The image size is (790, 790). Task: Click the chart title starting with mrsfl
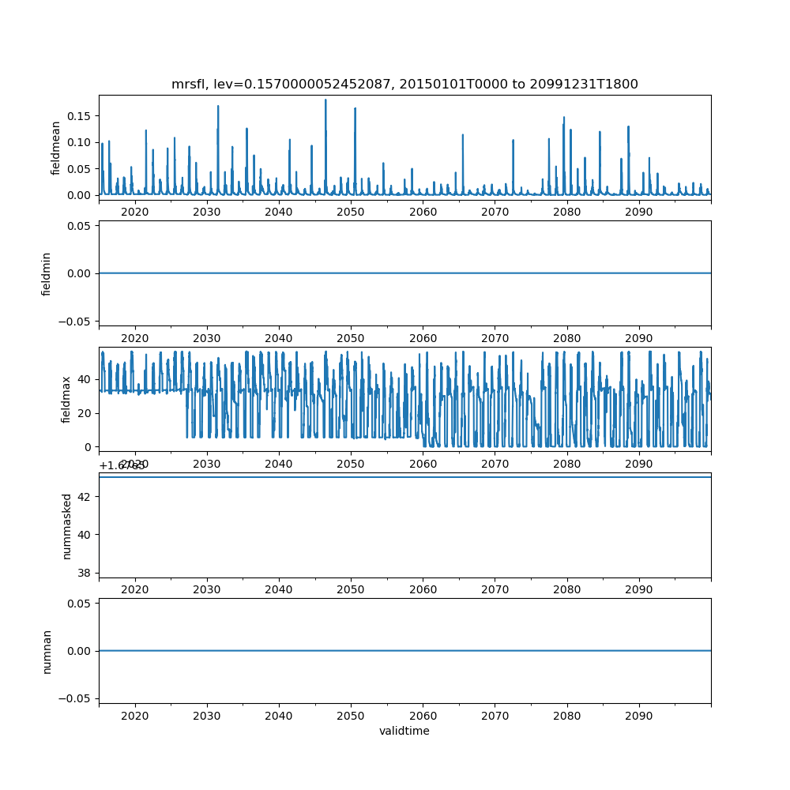pos(404,84)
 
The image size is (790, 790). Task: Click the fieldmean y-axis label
pos(56,149)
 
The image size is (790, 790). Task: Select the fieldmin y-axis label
pos(47,273)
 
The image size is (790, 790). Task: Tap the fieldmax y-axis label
pos(66,399)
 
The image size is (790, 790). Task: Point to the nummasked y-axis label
pos(67,525)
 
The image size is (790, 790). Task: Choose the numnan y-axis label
pos(47,651)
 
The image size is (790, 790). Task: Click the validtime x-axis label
pos(404,731)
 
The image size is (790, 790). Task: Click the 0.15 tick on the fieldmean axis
pos(79,116)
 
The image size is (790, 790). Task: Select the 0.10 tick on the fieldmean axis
pos(79,142)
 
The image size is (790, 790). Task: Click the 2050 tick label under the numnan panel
pos(351,715)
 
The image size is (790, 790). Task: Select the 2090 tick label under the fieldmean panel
pos(638,213)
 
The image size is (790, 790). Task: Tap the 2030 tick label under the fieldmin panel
pos(207,338)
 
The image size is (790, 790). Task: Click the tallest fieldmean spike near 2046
pos(325,101)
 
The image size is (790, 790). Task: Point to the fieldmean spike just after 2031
pos(218,107)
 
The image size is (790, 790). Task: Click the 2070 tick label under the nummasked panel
pos(495,589)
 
